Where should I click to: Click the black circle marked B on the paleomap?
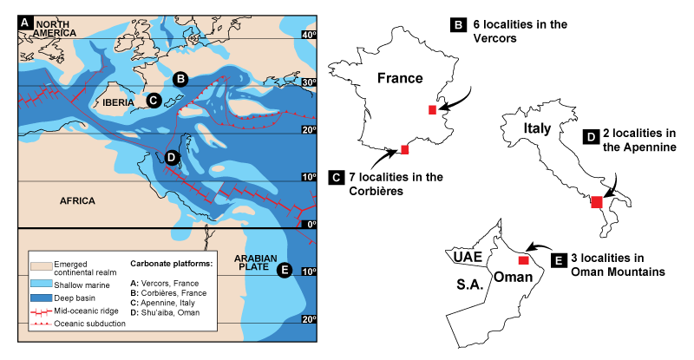[180, 79]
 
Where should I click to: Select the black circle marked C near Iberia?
[153, 101]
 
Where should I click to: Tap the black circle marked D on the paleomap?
[170, 157]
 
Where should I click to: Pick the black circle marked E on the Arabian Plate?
[284, 271]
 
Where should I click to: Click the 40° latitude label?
[307, 35]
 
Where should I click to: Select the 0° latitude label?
[310, 224]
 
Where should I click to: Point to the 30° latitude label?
[307, 82]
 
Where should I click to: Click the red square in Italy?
[597, 202]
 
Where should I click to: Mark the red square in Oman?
[522, 259]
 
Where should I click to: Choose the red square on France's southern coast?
[405, 150]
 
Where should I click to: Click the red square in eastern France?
[432, 109]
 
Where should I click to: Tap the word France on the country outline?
[400, 78]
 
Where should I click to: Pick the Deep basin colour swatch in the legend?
[41, 298]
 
